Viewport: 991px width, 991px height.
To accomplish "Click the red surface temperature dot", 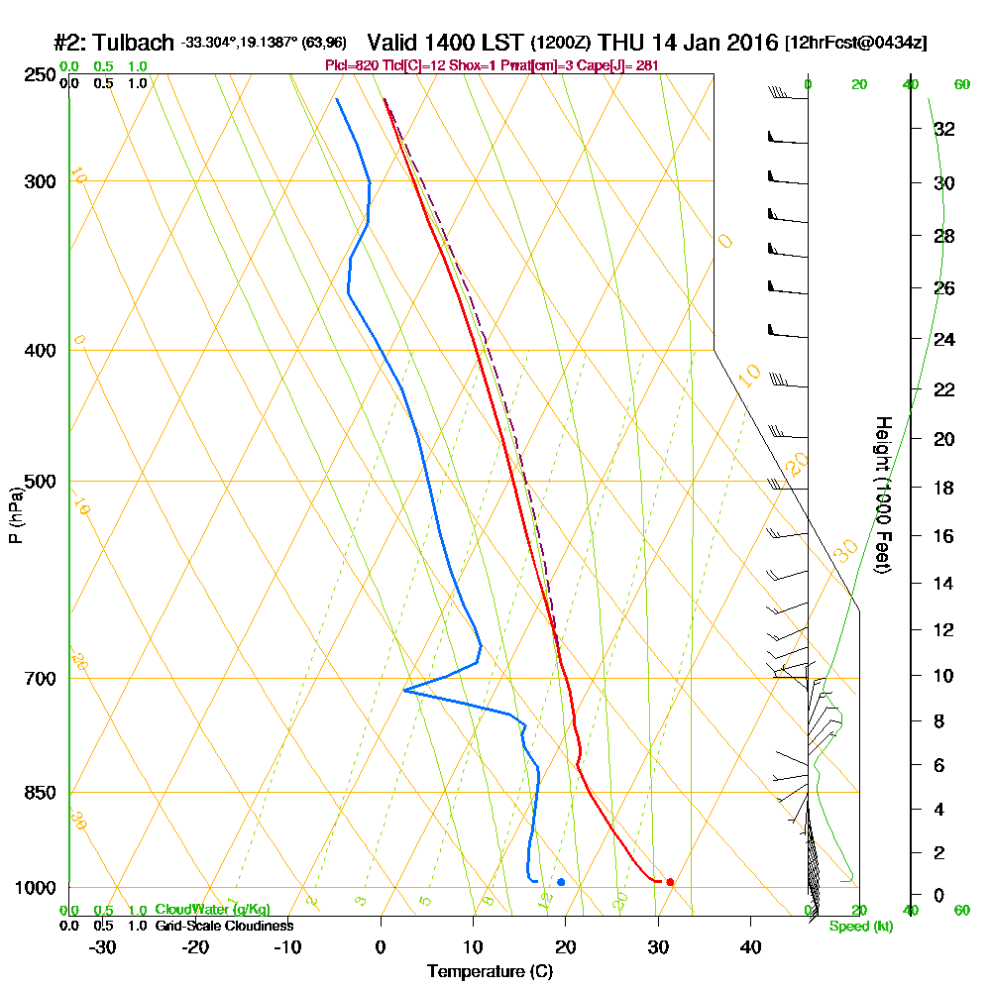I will click(670, 881).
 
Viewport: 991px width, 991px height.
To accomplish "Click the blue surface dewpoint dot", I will click(561, 881).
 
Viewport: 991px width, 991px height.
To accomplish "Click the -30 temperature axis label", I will click(103, 946).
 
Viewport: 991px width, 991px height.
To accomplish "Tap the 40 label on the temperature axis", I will click(750, 946).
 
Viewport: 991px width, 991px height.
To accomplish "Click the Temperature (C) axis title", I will click(490, 972).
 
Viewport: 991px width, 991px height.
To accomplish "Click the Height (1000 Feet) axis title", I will click(881, 495).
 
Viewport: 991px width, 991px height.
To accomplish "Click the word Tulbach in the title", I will click(136, 43).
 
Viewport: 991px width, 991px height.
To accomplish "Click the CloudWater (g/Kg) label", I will click(212, 910).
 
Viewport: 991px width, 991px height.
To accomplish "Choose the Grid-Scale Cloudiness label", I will click(223, 926).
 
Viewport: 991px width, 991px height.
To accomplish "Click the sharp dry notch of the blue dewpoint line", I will click(405, 690).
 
